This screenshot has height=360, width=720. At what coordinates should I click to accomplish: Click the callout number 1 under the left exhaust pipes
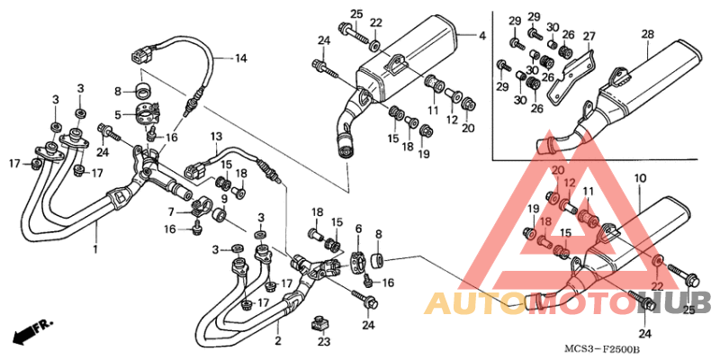pyautogui.click(x=96, y=247)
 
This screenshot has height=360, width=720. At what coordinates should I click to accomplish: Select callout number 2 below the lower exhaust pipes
pyautogui.click(x=277, y=341)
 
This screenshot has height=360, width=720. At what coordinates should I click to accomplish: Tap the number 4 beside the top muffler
pyautogui.click(x=481, y=36)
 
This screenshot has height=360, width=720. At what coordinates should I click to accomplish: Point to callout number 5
pyautogui.click(x=117, y=114)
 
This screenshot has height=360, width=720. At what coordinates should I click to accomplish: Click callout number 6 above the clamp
pyautogui.click(x=358, y=229)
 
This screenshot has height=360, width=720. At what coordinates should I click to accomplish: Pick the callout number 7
pyautogui.click(x=171, y=211)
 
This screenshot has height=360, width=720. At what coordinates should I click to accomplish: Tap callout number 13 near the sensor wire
pyautogui.click(x=216, y=137)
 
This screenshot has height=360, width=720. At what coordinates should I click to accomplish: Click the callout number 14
pyautogui.click(x=240, y=59)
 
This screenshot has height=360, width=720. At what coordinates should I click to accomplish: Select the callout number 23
pyautogui.click(x=323, y=342)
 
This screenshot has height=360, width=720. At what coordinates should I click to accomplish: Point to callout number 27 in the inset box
pyautogui.click(x=589, y=37)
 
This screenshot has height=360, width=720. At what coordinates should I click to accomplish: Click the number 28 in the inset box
pyautogui.click(x=647, y=34)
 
